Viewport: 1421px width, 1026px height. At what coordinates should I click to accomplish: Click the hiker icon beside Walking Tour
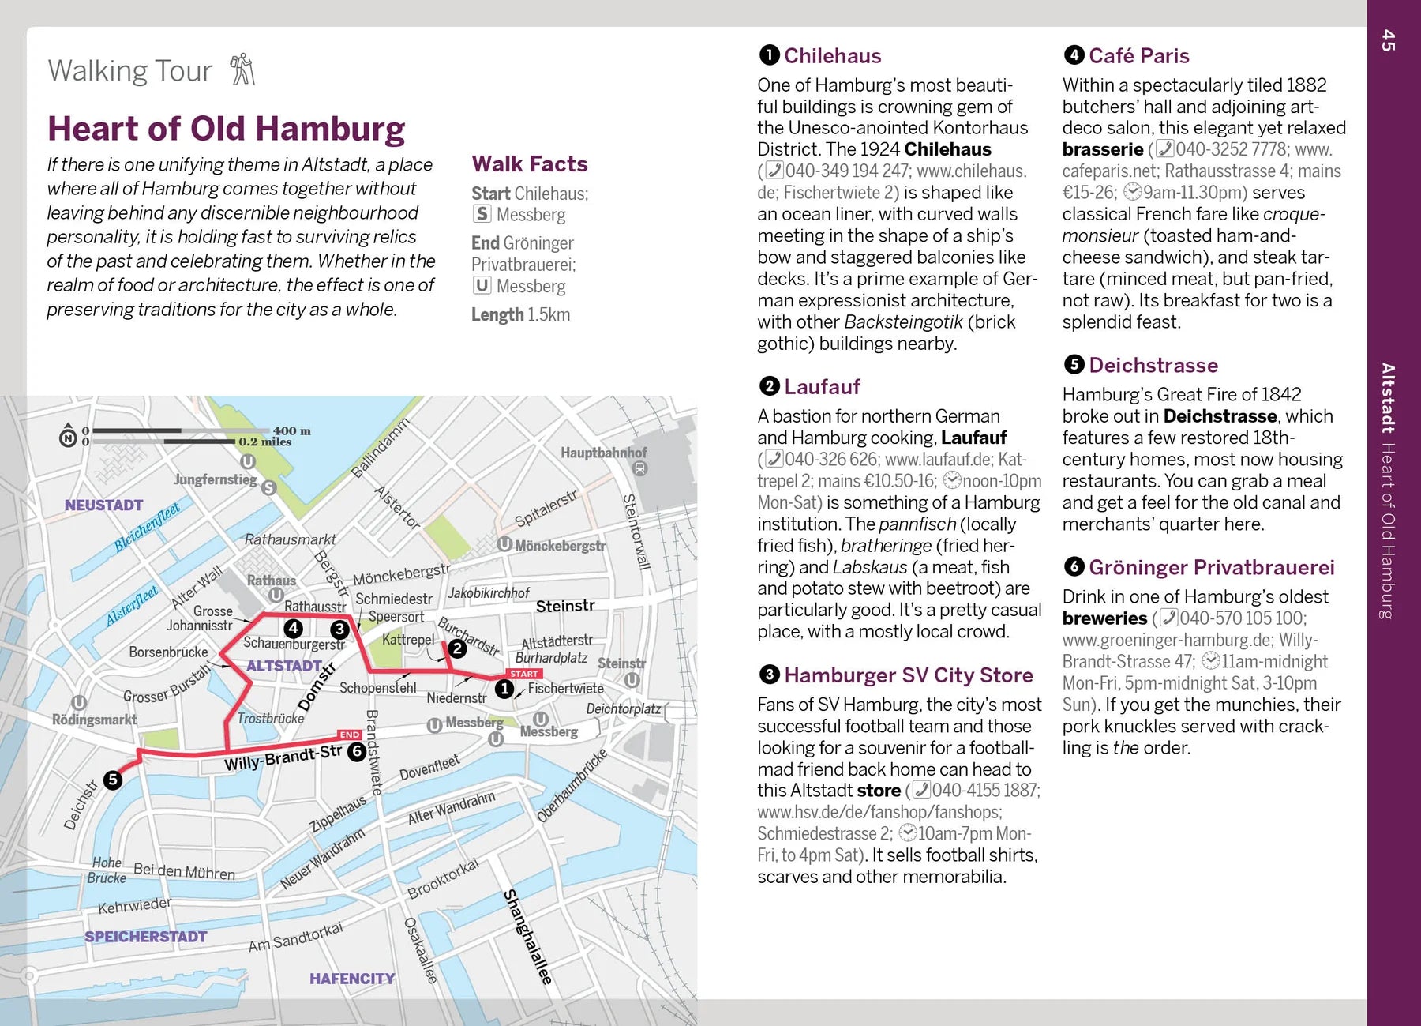click(x=242, y=70)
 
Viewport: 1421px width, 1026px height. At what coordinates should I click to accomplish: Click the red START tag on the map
click(x=524, y=674)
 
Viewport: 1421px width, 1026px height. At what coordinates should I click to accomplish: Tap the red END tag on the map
click(x=350, y=735)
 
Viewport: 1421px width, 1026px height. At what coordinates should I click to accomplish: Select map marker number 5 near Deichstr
click(x=113, y=780)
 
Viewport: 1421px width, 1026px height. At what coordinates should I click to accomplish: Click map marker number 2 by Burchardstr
click(x=457, y=648)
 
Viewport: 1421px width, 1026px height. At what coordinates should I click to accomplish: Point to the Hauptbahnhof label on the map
click(x=603, y=453)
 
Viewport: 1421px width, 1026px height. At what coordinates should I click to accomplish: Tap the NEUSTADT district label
click(x=103, y=505)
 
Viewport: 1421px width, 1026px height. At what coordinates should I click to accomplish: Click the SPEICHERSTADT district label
click(x=146, y=937)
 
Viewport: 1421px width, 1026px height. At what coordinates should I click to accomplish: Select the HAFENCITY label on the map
click(x=352, y=979)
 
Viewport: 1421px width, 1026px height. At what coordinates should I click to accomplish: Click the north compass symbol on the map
click(x=69, y=435)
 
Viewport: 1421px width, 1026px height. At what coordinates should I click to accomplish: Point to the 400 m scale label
click(x=291, y=430)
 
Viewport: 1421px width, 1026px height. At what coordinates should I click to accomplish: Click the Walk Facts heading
click(x=530, y=164)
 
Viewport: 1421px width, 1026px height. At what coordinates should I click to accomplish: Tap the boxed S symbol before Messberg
click(x=482, y=214)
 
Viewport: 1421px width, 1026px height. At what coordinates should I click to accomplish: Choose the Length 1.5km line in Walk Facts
click(x=520, y=314)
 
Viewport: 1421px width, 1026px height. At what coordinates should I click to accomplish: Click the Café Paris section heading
click(x=1138, y=56)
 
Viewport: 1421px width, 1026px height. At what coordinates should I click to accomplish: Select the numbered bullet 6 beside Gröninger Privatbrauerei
click(x=1074, y=567)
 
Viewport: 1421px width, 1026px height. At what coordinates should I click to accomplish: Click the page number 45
click(x=1389, y=40)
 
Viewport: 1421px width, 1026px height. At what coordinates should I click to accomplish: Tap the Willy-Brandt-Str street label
click(x=283, y=757)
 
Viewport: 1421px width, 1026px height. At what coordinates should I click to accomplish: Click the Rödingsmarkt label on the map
click(x=94, y=720)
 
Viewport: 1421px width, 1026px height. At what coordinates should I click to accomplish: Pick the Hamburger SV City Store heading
click(x=908, y=675)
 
